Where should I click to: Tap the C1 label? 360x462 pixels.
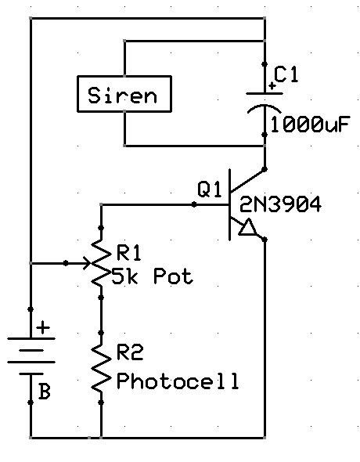coord(286,74)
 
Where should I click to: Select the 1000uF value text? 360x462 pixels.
coord(310,125)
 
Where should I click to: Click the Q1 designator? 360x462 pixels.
coord(209,189)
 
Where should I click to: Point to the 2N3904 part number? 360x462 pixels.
coord(280,204)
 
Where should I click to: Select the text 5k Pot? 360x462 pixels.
coord(153,276)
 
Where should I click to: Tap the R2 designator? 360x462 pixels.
coord(130,352)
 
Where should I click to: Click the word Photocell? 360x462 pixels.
coord(178,381)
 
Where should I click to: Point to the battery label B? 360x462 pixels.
coord(45,392)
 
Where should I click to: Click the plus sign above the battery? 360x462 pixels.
coord(43,327)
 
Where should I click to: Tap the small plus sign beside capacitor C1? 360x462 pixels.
coord(272,86)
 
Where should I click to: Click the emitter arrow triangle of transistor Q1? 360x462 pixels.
coord(247,227)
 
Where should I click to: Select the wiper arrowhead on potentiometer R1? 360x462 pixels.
coord(87,263)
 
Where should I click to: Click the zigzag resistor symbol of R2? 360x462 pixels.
coord(101,368)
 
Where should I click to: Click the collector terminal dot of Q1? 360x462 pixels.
coord(265,169)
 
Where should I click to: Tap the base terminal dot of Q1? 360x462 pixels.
coord(194,204)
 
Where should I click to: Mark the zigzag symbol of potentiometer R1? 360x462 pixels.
coord(101,263)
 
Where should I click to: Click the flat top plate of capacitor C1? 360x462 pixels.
coord(265,93)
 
